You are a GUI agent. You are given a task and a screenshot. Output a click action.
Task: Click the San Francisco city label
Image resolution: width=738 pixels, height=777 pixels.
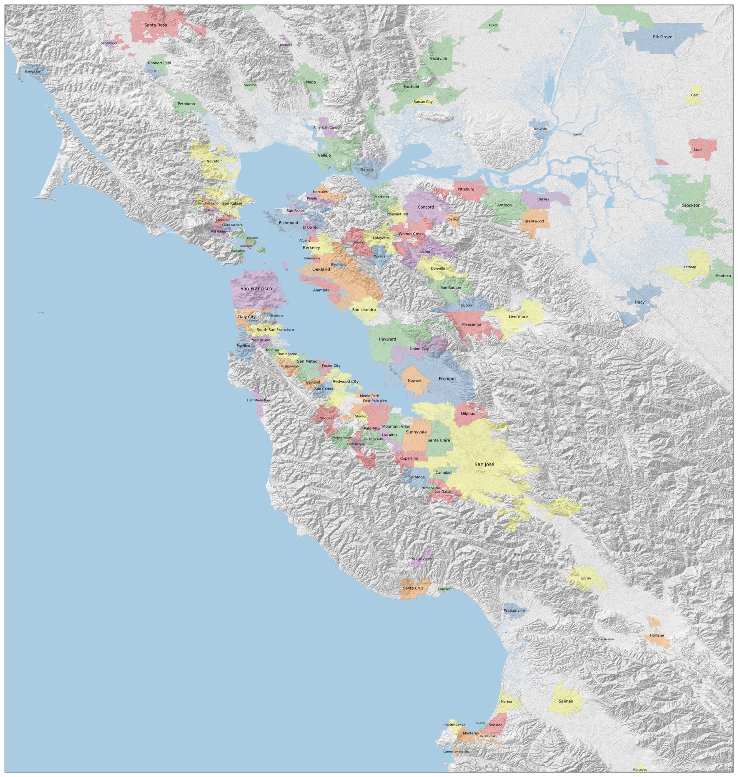[x=256, y=289]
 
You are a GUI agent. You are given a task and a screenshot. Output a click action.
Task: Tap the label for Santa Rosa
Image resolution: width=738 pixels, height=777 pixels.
[x=155, y=25]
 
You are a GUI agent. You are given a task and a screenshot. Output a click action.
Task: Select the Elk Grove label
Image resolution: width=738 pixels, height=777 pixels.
[x=662, y=37]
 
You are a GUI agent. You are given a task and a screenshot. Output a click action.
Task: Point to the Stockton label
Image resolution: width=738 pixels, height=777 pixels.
[x=691, y=205]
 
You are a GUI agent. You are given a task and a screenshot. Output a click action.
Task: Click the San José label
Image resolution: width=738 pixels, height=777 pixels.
[x=484, y=464]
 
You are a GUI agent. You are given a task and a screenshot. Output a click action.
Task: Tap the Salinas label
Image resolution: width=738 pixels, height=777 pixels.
[x=565, y=701]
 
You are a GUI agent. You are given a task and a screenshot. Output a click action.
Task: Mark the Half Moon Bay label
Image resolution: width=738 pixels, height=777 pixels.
[x=258, y=400]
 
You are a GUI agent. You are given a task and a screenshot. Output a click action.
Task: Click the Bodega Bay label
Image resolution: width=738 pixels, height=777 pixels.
[x=32, y=72]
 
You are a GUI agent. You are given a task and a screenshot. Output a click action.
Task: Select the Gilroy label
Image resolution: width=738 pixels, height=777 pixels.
[x=585, y=578]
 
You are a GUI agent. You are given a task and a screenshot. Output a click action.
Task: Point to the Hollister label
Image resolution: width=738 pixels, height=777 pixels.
[x=657, y=635]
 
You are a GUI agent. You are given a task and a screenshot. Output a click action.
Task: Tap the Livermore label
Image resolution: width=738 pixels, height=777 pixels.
[x=518, y=316]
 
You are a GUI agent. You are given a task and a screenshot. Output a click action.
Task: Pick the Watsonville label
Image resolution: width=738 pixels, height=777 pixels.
[x=514, y=610]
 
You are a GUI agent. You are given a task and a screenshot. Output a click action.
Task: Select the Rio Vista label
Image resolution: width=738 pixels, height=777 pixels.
[x=540, y=129]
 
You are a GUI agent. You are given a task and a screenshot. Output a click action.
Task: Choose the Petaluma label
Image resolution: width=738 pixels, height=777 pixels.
[x=186, y=104]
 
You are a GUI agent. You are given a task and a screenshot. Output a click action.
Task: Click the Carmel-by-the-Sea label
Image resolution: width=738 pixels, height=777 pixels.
[x=456, y=751]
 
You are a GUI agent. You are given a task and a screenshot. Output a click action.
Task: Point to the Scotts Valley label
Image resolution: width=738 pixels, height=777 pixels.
[x=421, y=558]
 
